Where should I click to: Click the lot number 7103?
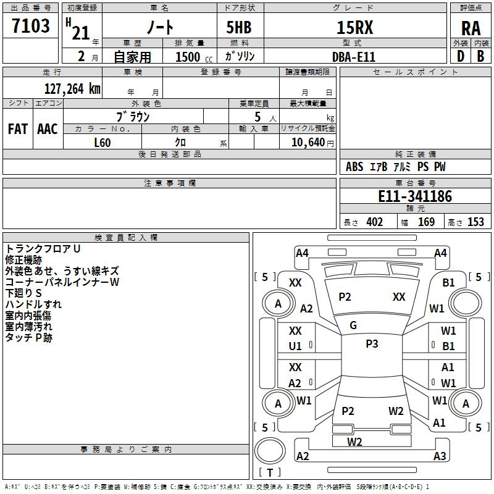[31, 25]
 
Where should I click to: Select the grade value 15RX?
[354, 27]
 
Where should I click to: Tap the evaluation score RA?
[471, 28]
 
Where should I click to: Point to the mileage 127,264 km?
[72, 88]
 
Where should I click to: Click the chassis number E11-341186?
[415, 196]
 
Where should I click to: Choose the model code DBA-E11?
[354, 57]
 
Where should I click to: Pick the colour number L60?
[103, 143]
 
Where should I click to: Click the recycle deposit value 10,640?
[308, 142]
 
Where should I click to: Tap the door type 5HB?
[239, 27]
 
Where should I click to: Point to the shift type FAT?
[18, 129]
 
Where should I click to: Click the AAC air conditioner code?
[48, 129]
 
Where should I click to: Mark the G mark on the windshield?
[353, 325]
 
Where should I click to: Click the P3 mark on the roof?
[372, 343]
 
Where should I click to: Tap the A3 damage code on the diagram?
[440, 456]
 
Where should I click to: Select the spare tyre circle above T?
[270, 451]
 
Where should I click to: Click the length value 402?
[375, 222]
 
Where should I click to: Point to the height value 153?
[475, 222]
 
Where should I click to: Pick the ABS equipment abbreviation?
[354, 167]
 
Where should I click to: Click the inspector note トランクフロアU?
[43, 249]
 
